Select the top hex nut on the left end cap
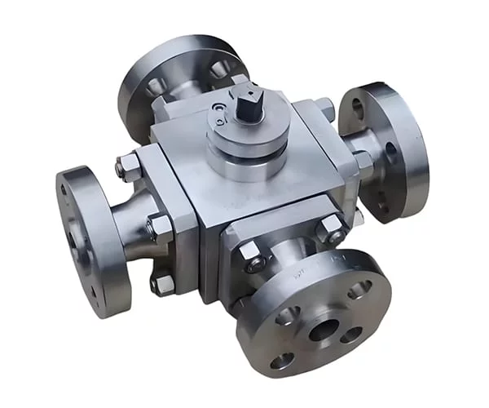129,167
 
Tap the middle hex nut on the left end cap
159,226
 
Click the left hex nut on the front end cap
253,259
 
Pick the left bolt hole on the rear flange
154,86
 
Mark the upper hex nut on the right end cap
324,106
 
